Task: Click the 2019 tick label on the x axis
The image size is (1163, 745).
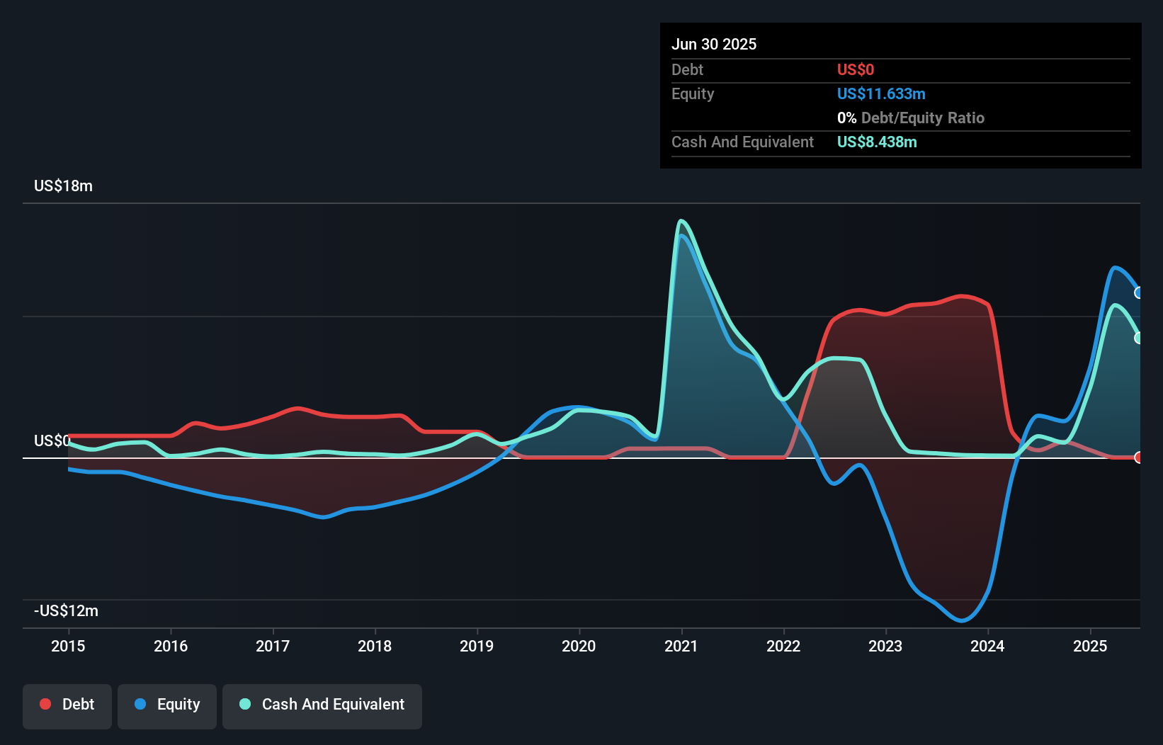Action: pos(477,646)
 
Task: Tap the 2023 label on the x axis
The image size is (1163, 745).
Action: pos(885,646)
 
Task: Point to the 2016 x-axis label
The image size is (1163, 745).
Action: pos(171,646)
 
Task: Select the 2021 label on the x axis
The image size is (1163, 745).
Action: pos(681,646)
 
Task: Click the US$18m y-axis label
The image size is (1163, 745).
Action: pos(63,186)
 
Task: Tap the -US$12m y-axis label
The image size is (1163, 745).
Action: pos(66,610)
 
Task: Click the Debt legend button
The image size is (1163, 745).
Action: pos(67,705)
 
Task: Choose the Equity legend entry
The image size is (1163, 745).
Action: pos(167,705)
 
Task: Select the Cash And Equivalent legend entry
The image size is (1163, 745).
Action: pos(322,705)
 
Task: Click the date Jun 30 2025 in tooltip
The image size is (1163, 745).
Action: pos(714,44)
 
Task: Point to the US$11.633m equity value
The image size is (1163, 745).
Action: pos(881,93)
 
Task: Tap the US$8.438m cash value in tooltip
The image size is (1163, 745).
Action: pos(877,142)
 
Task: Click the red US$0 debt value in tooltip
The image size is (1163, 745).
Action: pos(856,69)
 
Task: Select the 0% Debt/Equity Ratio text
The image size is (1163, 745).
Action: pos(911,118)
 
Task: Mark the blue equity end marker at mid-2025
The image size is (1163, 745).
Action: pos(1139,292)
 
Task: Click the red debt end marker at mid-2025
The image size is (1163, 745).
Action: pos(1139,457)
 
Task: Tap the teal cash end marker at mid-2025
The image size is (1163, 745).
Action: pos(1139,338)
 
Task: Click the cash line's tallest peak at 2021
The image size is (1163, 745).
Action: pos(681,221)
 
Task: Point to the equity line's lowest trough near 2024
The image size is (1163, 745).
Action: pos(961,620)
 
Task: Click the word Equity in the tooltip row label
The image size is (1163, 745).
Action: pos(693,93)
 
